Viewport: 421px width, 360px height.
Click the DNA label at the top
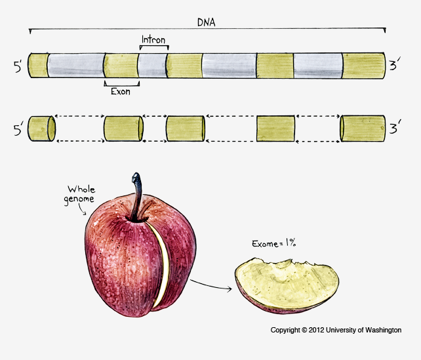click(x=207, y=22)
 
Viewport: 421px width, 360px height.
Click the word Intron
click(x=155, y=39)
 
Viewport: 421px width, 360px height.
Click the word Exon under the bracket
click(x=120, y=92)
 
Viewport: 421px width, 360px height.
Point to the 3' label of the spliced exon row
click(x=395, y=129)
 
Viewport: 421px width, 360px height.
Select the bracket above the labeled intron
click(x=155, y=47)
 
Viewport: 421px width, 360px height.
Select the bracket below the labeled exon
click(x=121, y=83)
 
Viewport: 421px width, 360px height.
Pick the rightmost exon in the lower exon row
click(x=362, y=129)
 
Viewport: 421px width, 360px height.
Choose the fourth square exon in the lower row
click(x=275, y=129)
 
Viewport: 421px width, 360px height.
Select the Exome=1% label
click(x=275, y=244)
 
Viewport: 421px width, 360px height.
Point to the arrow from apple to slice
click(x=211, y=286)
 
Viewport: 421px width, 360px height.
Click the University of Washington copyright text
click(x=336, y=330)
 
